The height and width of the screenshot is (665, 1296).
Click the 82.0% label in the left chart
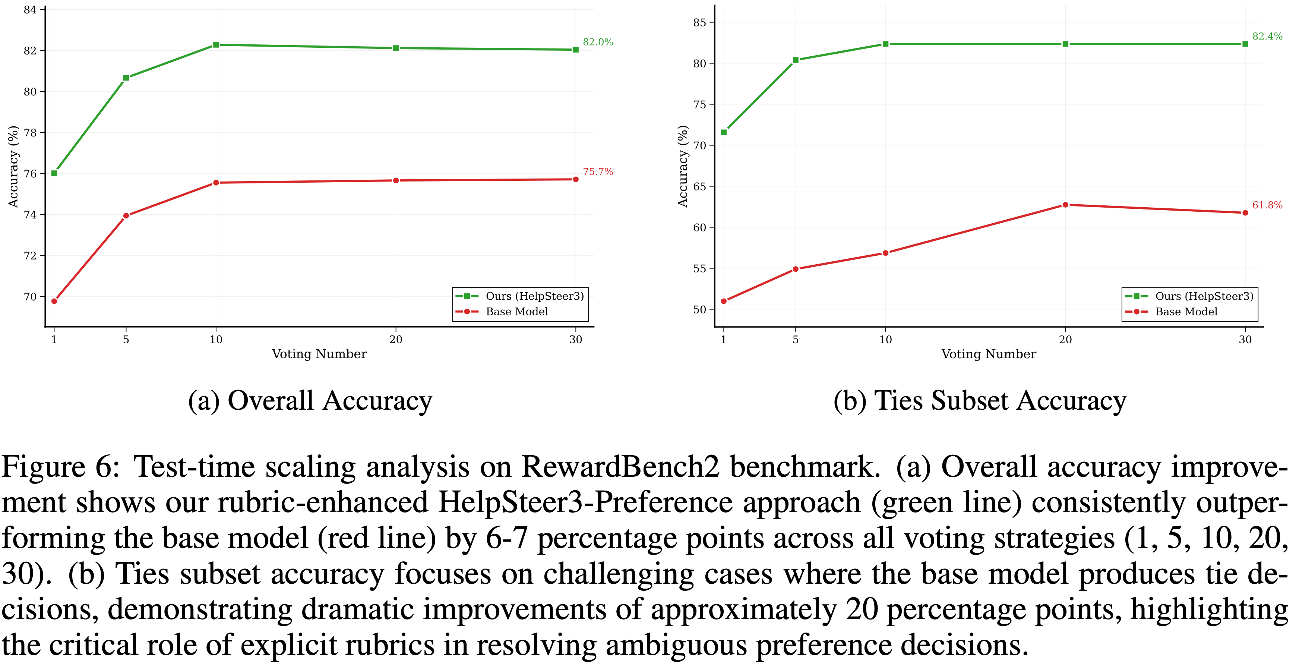point(598,42)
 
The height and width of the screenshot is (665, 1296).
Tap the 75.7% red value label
point(598,172)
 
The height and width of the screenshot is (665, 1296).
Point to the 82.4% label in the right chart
point(1267,36)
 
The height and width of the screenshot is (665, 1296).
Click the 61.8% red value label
point(1267,205)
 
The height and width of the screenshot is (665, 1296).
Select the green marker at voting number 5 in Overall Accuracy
point(126,78)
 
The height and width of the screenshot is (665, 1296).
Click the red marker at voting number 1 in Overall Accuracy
point(54,301)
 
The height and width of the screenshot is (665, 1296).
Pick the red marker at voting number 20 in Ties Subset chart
point(1065,205)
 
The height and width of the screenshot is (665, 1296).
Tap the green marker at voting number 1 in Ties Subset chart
point(724,132)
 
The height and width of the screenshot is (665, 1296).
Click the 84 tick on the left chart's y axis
point(30,10)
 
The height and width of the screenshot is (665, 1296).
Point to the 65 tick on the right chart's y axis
point(699,186)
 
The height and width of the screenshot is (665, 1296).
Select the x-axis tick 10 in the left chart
point(216,339)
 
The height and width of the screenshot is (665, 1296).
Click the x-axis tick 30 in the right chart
point(1245,339)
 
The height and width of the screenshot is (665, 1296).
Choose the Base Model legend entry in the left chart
point(517,312)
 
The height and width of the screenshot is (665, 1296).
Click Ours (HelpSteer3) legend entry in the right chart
point(1204,296)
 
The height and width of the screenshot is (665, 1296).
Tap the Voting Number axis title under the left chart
point(319,354)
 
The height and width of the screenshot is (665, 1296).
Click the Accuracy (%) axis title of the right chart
point(682,166)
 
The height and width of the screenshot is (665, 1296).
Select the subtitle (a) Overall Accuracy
point(310,401)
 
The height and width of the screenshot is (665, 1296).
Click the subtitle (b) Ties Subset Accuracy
point(979,401)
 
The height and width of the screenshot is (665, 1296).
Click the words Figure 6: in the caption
point(60,467)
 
